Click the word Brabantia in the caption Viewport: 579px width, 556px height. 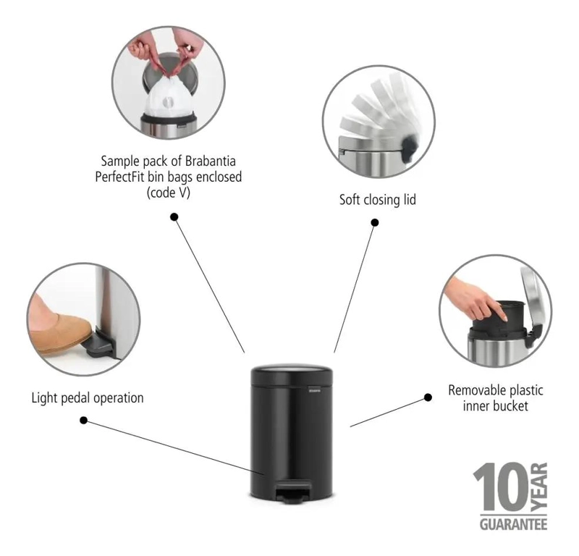click(x=210, y=161)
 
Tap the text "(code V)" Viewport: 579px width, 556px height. click(x=169, y=193)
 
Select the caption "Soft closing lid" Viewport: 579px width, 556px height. click(x=377, y=200)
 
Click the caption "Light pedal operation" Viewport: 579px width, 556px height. click(x=88, y=398)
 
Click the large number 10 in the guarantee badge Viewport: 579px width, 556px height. click(x=502, y=487)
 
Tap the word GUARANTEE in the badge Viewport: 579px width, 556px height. click(x=513, y=524)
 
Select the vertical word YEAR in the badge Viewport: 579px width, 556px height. click(x=539, y=487)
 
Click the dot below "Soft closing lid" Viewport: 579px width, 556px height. click(x=375, y=222)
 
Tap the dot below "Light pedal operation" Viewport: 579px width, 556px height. click(x=84, y=421)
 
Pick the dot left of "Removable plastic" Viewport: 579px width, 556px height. click(x=428, y=397)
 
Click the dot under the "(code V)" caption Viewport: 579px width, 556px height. click(x=174, y=217)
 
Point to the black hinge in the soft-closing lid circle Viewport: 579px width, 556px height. click(x=409, y=148)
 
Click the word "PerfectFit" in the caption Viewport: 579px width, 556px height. click(x=119, y=177)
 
